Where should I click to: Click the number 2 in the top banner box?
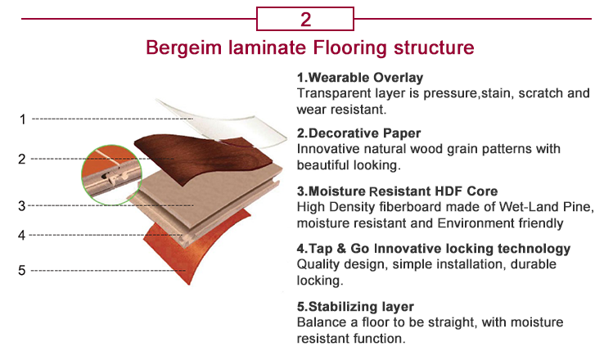pyautogui.click(x=305, y=18)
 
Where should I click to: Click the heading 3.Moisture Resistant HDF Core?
pyautogui.click(x=392, y=191)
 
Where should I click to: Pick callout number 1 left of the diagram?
pyautogui.click(x=22, y=119)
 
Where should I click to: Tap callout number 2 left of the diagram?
pyautogui.click(x=22, y=159)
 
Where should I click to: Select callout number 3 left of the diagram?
pyautogui.click(x=22, y=205)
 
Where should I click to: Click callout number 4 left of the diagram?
pyautogui.click(x=22, y=236)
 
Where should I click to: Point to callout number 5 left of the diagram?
pyautogui.click(x=22, y=270)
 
